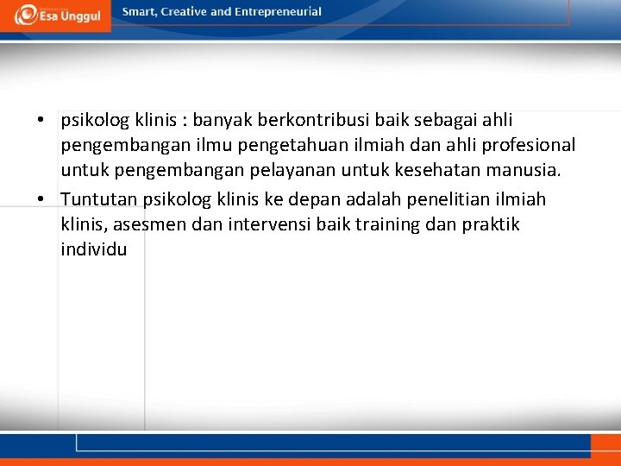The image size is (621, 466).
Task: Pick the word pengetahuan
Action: [x=272, y=146]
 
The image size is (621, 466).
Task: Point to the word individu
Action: [x=94, y=249]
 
